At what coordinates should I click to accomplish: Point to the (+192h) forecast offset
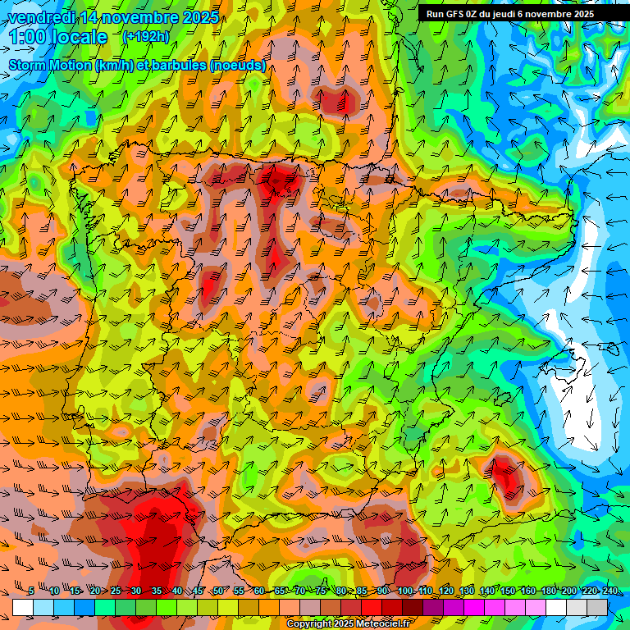(146, 37)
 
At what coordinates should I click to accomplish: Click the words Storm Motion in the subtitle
(50, 65)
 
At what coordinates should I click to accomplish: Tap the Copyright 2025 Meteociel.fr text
(348, 624)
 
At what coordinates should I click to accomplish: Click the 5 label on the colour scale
(31, 591)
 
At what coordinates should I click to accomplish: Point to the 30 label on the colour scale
(135, 591)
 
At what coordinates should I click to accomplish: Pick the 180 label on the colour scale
(548, 591)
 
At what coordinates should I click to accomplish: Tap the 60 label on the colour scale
(259, 591)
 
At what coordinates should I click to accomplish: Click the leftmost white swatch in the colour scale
(22, 608)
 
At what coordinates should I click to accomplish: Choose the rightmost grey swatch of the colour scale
(597, 608)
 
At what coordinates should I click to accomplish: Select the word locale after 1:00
(78, 37)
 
